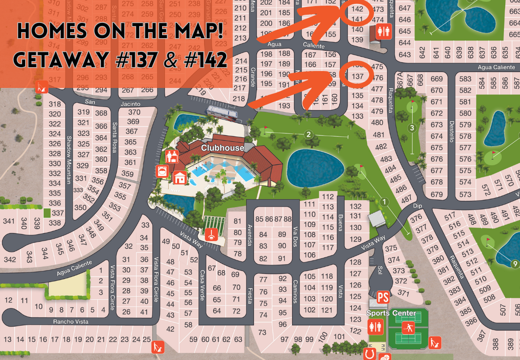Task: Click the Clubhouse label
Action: pos(222,148)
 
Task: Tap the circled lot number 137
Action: pos(357,76)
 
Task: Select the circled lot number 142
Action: pos(357,9)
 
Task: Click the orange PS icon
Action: pos(383,297)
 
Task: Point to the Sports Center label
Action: pos(391,313)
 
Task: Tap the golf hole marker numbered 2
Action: pos(309,134)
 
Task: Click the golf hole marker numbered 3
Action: pos(412,128)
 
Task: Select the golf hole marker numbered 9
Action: pos(515,263)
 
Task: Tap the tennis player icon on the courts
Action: pos(408,326)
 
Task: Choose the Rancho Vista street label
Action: pos(71,321)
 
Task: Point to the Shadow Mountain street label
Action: pos(68,160)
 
